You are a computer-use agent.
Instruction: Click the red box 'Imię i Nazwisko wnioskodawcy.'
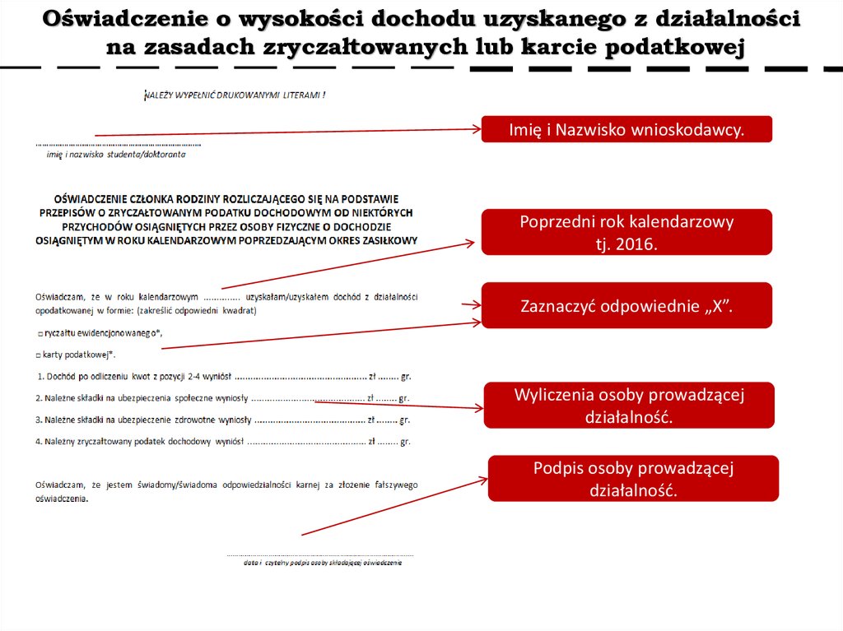(626, 129)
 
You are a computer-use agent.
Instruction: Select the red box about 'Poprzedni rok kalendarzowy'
(626, 232)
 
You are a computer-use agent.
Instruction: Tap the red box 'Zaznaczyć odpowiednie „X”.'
(626, 305)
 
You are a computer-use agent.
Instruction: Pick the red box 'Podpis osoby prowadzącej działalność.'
(632, 478)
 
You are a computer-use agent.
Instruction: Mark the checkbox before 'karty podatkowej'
(39, 354)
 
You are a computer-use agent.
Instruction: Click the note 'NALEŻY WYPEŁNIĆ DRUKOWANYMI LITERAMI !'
(235, 95)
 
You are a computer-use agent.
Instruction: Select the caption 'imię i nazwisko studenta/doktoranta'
(115, 154)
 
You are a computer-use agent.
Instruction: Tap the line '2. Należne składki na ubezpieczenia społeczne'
(222, 398)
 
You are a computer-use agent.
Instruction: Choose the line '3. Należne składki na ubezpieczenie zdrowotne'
(222, 420)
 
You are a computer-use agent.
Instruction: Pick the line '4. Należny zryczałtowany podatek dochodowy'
(222, 441)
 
